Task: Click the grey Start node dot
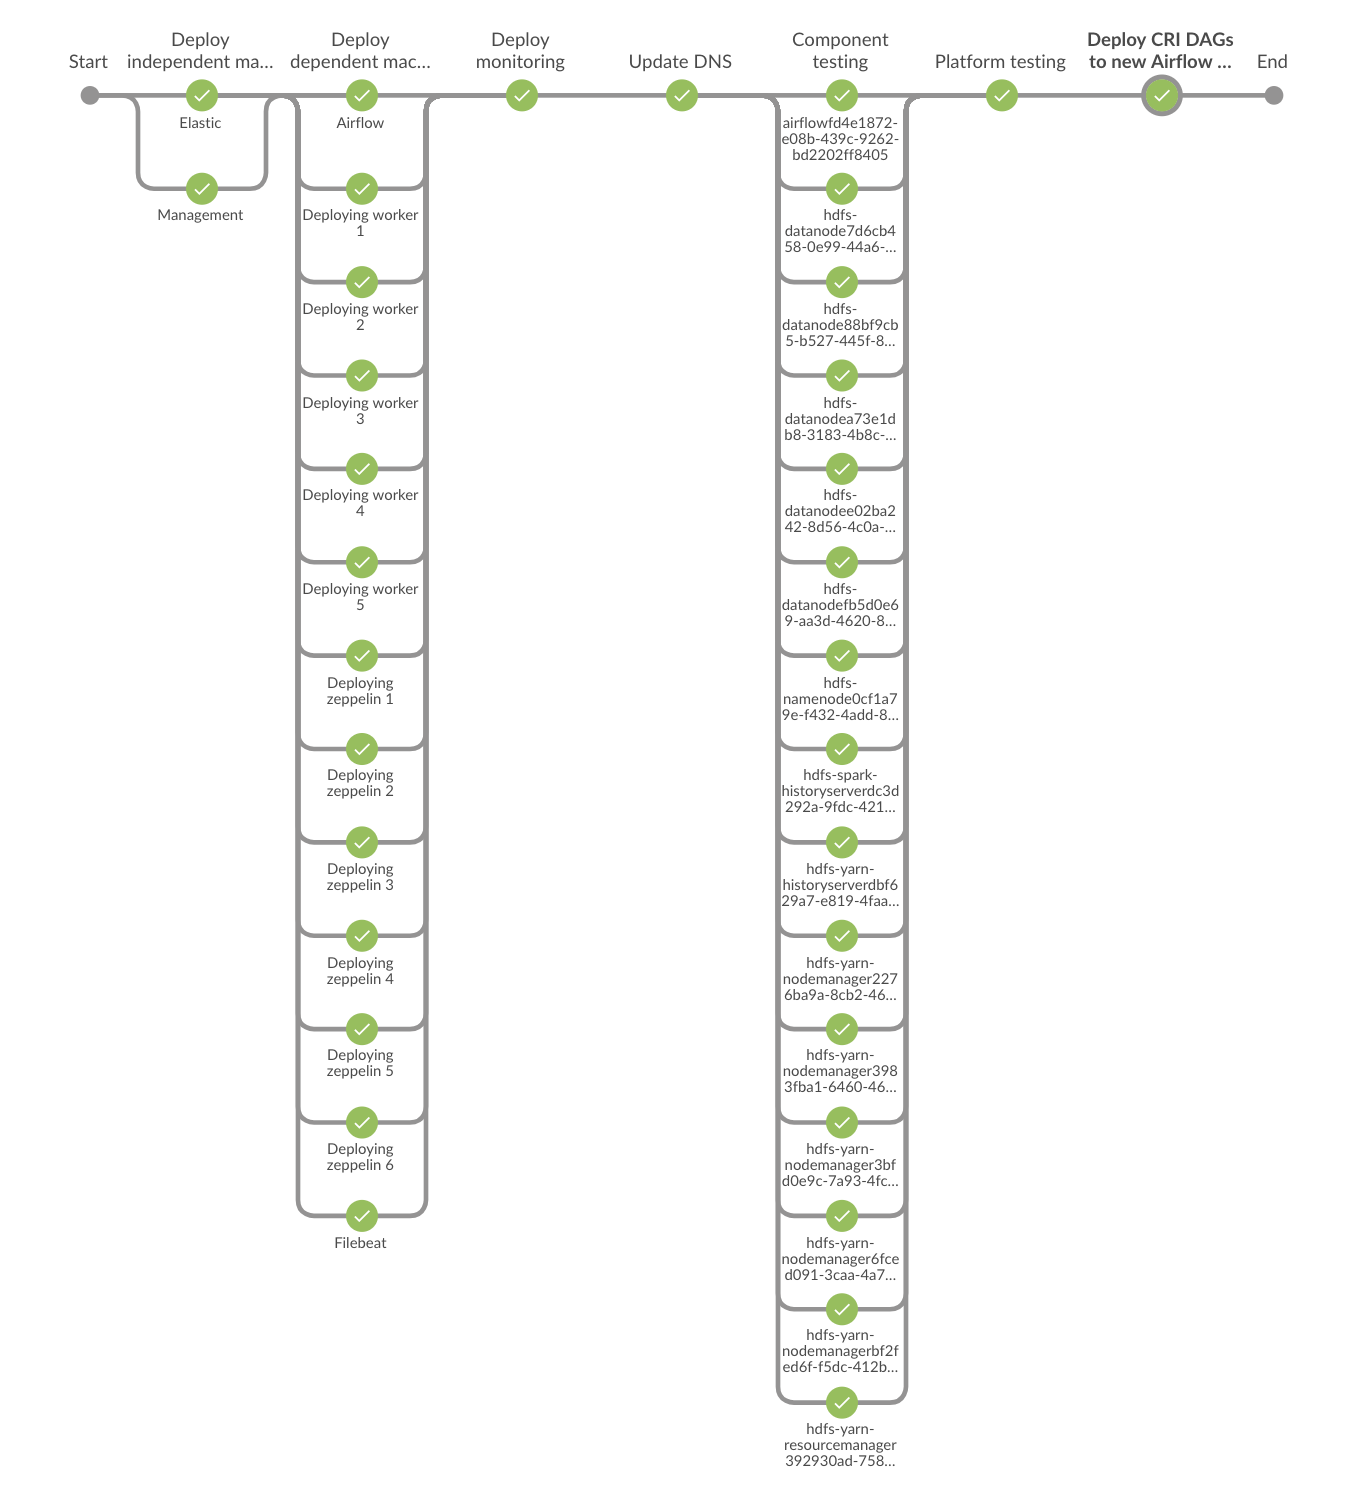tap(90, 95)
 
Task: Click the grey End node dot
tap(1274, 95)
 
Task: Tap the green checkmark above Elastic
tap(202, 95)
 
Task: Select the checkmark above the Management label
tap(202, 189)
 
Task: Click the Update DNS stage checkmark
tap(681, 95)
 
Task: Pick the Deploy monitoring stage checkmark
tap(522, 95)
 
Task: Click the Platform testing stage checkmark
tap(1001, 95)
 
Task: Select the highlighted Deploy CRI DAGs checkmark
tap(1161, 95)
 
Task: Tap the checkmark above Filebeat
tap(362, 1216)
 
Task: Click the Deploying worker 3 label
tap(360, 411)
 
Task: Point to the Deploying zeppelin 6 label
tap(360, 1157)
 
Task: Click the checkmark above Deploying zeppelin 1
tap(362, 656)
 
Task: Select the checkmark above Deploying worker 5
tap(362, 562)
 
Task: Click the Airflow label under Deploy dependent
tap(360, 123)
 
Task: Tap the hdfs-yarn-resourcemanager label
tap(840, 1444)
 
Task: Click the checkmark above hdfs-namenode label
tap(841, 656)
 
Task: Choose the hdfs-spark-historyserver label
tap(840, 791)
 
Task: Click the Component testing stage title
tap(840, 51)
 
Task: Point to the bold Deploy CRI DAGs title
tap(1160, 51)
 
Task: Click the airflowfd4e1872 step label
tap(840, 139)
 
